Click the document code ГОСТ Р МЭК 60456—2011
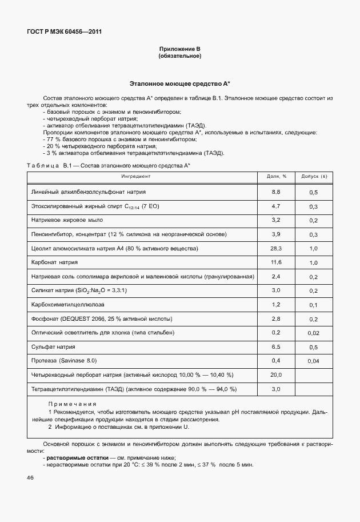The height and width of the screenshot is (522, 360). point(61,32)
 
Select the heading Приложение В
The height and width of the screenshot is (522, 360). point(179,50)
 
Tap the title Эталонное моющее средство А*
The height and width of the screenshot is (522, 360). point(179,83)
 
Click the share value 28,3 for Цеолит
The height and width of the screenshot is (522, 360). point(277,249)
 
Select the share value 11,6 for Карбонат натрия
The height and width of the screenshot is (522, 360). point(277,262)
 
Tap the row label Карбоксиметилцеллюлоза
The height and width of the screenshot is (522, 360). point(68,305)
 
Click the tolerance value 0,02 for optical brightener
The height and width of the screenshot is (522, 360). point(313,333)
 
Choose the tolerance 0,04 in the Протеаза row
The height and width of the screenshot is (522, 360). point(313,361)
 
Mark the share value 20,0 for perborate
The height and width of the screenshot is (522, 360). point(277,375)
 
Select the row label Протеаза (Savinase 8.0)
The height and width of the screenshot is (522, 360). point(64,361)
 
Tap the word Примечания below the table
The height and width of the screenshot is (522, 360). point(64,404)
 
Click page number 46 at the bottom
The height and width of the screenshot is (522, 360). point(30,478)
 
